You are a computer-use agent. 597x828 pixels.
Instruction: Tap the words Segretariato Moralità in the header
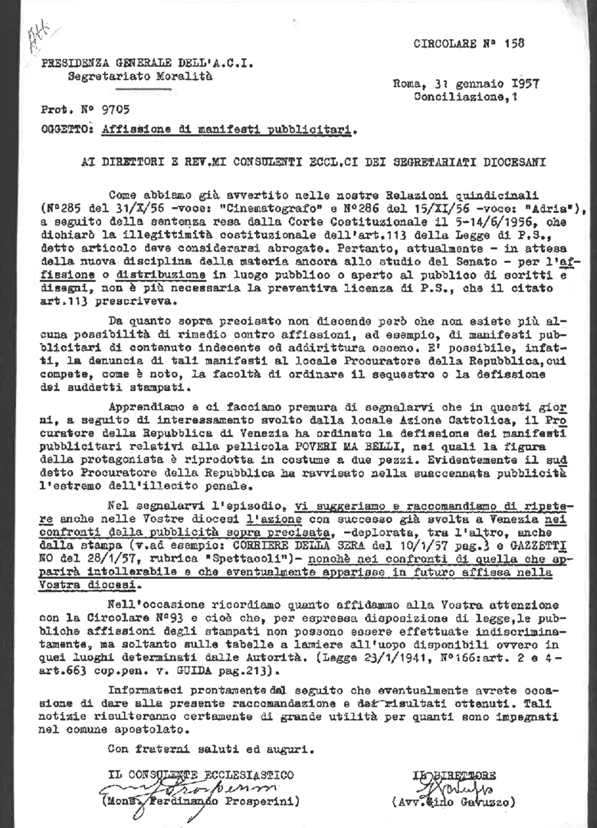(x=130, y=77)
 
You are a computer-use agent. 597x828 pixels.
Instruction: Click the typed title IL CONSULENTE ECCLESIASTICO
(x=200, y=776)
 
